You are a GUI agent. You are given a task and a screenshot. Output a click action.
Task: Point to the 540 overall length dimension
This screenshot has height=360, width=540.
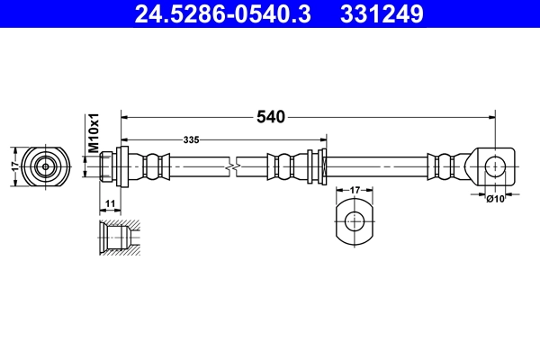pos(270,116)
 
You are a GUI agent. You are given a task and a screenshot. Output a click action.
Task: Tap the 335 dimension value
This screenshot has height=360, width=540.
pos(191,140)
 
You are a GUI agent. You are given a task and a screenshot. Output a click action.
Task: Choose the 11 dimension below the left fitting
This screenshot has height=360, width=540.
pos(109,204)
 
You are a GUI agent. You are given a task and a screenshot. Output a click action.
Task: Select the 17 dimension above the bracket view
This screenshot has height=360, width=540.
pos(355,190)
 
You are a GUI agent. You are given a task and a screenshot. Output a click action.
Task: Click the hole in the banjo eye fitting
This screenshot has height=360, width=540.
pos(494,166)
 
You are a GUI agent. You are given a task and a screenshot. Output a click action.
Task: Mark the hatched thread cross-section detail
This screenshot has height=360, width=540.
pos(118,238)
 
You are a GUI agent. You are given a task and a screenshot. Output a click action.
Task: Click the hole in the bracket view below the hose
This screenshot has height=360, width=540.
pos(355,220)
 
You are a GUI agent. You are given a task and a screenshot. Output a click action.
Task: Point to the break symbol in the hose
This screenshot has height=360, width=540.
pos(233,166)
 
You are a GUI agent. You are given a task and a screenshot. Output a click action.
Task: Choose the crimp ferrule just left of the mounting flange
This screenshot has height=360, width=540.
pos(287,166)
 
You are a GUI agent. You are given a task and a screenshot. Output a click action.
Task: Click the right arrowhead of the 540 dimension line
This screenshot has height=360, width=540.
pos(490,116)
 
